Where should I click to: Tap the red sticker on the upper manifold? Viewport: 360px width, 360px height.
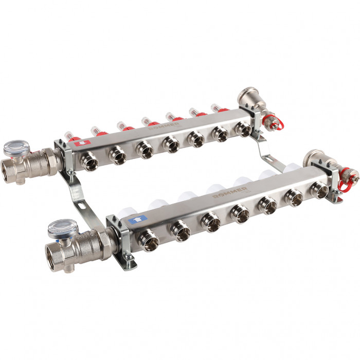[79, 145]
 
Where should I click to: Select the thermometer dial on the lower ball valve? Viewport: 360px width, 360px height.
[60, 228]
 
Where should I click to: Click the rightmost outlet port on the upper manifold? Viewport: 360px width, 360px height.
[244, 129]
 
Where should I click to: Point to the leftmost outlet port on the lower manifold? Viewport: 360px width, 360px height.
[150, 242]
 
